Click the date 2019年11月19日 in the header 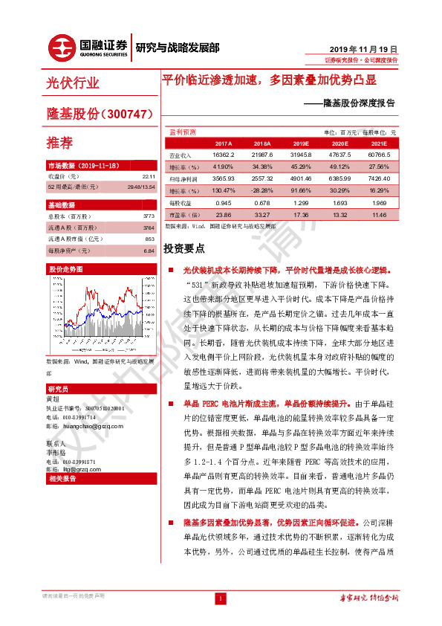pos(368,46)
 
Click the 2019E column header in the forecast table pos(300,143)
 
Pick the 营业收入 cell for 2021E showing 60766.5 pos(378,155)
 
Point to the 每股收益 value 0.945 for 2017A pos(223,202)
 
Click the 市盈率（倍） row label pos(181,214)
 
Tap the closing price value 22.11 pos(147,177)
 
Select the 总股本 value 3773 pos(149,216)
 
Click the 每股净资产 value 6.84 pos(149,251)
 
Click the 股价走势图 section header pos(66,268)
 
